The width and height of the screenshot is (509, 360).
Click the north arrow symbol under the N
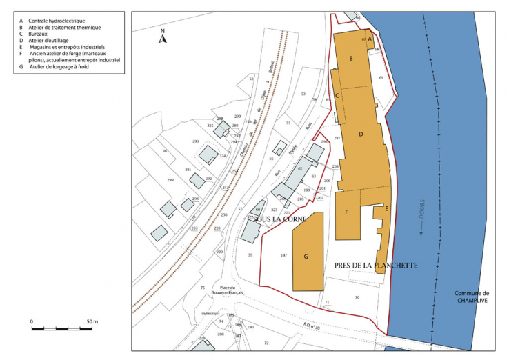(162, 39)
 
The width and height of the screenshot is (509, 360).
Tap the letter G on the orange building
(306, 256)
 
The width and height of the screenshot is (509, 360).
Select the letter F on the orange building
(346, 212)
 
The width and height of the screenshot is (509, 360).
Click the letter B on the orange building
(351, 59)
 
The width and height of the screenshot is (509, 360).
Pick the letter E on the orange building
(387, 208)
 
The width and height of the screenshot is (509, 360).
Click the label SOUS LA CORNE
(280, 219)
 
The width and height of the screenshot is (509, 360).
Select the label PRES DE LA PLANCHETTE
(375, 265)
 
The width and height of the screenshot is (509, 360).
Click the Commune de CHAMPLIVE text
(471, 298)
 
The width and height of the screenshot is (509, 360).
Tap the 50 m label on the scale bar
(92, 322)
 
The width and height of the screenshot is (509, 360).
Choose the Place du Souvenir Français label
(228, 291)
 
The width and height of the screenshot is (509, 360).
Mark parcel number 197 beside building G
(283, 256)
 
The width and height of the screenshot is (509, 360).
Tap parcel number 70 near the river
(357, 297)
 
